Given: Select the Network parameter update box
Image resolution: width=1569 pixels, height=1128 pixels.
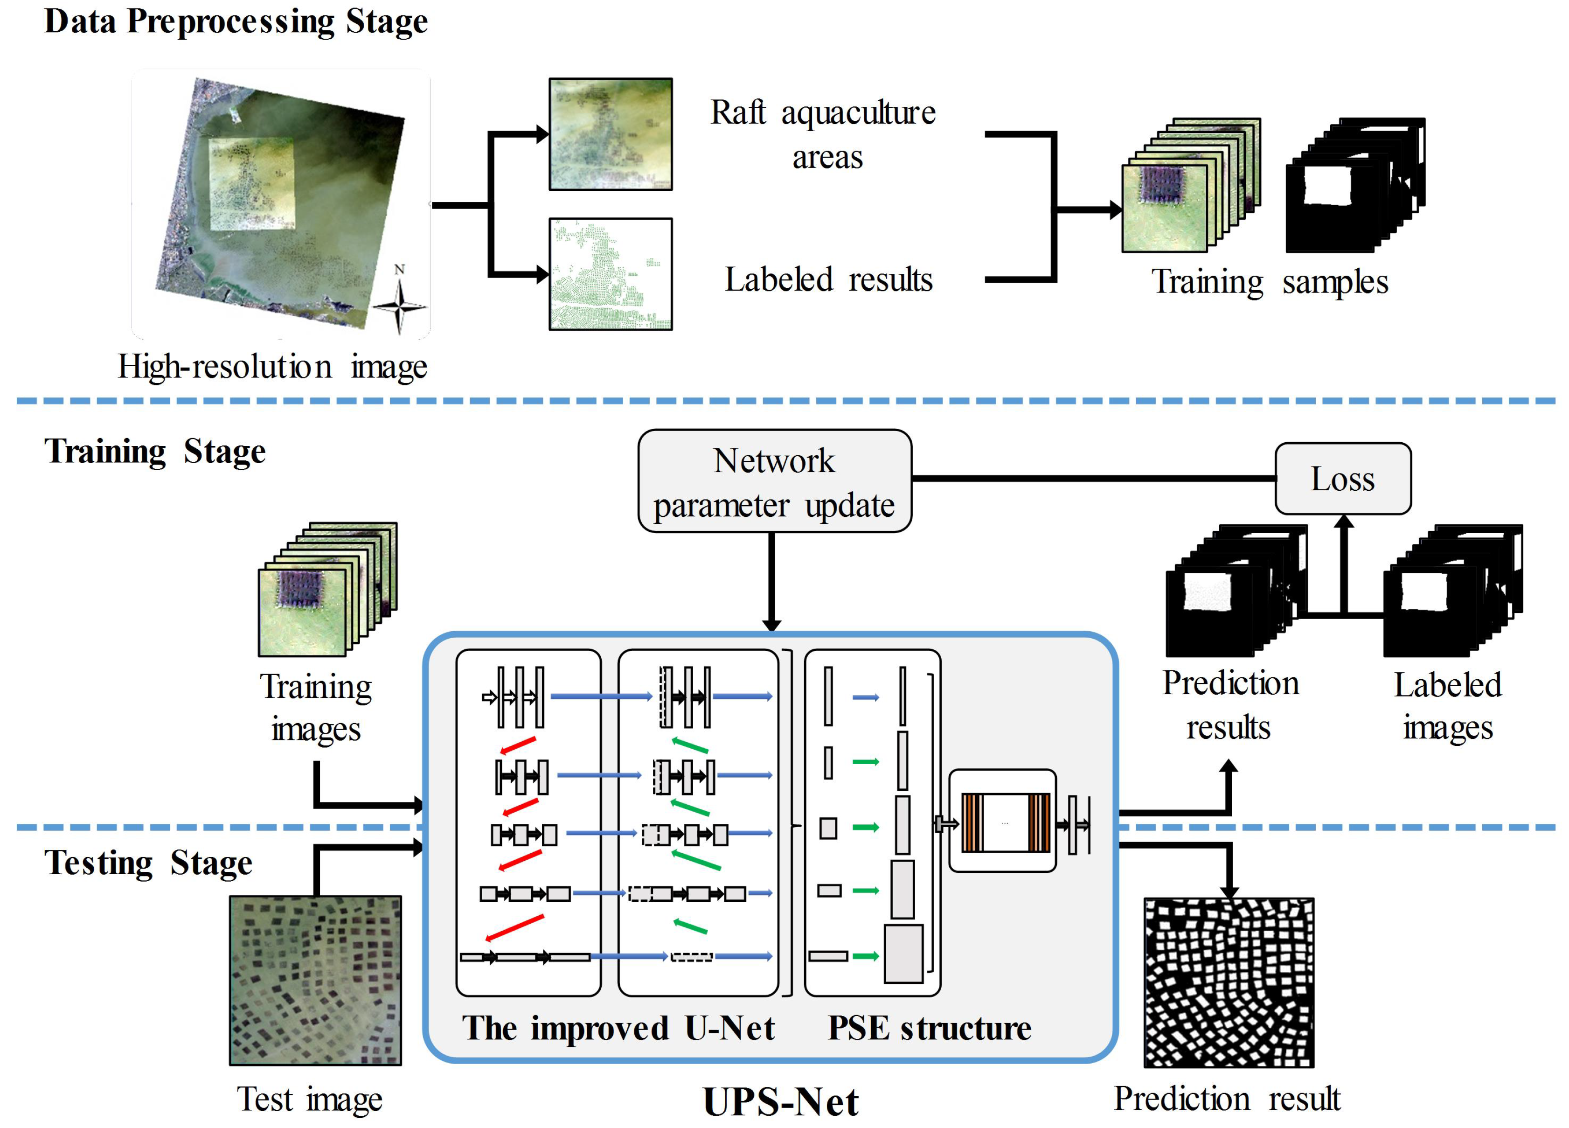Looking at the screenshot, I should click(x=774, y=481).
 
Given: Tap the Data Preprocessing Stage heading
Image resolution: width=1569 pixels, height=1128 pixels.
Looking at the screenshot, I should click(x=236, y=21).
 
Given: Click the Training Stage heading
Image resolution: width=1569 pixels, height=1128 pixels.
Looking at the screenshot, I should click(x=155, y=451).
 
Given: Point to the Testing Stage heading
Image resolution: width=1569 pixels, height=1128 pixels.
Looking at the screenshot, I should click(x=148, y=862).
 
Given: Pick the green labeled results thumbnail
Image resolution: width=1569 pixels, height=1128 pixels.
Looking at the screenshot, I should click(x=610, y=274).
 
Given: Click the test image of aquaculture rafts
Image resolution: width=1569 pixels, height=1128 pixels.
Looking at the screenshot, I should click(x=315, y=980).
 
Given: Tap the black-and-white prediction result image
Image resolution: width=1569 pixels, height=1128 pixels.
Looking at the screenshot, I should click(x=1229, y=982).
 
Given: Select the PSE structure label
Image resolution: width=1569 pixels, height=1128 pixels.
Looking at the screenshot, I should click(x=929, y=1028).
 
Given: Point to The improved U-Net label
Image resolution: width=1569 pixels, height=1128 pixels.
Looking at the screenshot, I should click(x=618, y=1028).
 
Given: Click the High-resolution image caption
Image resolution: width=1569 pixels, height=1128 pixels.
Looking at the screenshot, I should click(x=272, y=367).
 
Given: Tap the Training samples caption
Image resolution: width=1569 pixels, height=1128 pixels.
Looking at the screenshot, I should click(x=1270, y=282).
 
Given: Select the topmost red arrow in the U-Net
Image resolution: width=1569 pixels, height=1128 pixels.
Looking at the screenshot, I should click(x=518, y=745).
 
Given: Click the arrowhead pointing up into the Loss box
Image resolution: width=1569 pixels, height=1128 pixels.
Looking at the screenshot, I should click(x=1343, y=523).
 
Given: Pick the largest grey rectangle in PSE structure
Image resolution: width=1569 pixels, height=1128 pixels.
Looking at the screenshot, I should click(x=903, y=954).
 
